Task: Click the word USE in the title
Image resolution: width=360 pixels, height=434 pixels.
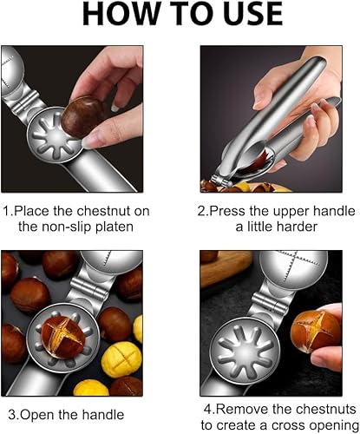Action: point(248,14)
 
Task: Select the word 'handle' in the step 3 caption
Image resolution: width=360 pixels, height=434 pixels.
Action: point(103,415)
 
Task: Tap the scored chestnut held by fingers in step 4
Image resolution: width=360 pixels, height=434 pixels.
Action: point(316,331)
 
